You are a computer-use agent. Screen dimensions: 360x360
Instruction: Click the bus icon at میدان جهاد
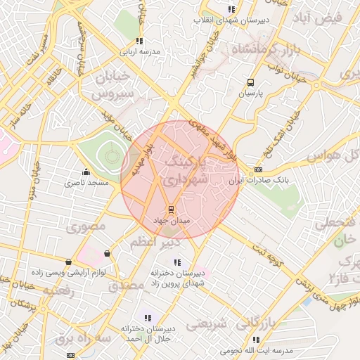(x=169, y=209)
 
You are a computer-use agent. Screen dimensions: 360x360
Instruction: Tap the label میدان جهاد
(x=169, y=220)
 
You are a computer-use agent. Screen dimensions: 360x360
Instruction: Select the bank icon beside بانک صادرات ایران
(x=259, y=169)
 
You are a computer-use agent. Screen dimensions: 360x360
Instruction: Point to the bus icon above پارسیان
(x=252, y=82)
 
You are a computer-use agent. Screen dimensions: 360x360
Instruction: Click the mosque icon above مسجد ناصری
(x=86, y=172)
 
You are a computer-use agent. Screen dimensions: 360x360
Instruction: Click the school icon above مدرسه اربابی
(x=139, y=41)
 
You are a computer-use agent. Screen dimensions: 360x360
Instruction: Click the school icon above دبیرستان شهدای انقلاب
(x=231, y=10)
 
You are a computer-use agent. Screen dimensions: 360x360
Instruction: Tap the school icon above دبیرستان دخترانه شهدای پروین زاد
(x=176, y=262)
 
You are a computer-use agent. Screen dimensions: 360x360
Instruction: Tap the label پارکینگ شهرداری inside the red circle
(x=186, y=172)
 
